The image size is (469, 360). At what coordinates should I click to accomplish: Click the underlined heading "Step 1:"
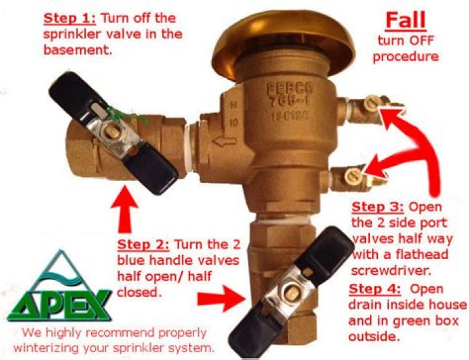[x=70, y=18]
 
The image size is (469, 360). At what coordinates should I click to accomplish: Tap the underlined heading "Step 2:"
[x=143, y=245]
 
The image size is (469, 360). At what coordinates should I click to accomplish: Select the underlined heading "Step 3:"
[x=378, y=207]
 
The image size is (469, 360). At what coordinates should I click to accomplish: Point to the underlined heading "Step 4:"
[x=375, y=289]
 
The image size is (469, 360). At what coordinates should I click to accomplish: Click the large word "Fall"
[x=406, y=21]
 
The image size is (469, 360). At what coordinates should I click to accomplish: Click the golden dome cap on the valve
[x=284, y=42]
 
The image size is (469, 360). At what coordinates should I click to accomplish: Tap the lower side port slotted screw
[x=354, y=176]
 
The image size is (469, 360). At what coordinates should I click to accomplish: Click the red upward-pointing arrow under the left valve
[x=124, y=209]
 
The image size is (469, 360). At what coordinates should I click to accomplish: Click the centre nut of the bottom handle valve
[x=289, y=294]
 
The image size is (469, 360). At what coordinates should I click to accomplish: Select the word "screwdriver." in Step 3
[x=391, y=271]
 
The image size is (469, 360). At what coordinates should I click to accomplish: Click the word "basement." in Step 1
[x=78, y=50]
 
